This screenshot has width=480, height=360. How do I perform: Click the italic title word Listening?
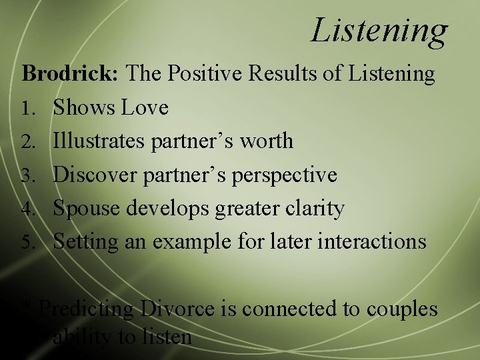point(379,31)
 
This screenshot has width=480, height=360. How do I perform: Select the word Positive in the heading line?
point(207,73)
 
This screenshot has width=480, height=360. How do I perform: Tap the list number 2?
point(28,141)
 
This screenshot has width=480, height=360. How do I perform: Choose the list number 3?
point(28,175)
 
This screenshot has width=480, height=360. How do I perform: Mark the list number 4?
point(28,209)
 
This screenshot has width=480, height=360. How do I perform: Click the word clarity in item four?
point(315,209)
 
